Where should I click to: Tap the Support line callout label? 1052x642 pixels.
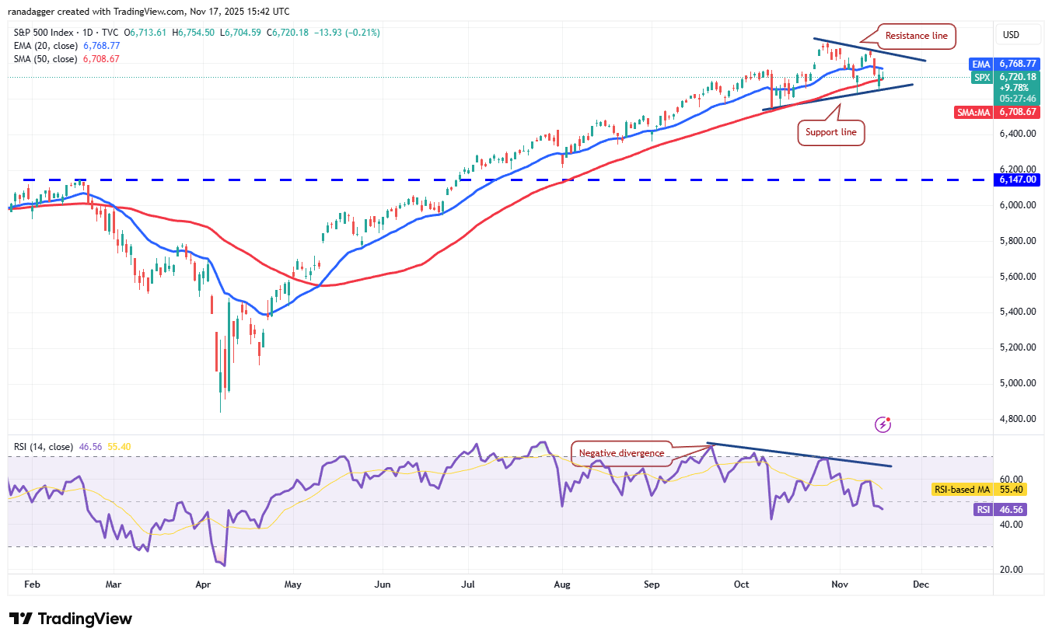[x=831, y=132]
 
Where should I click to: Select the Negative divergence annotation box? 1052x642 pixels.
[x=621, y=453]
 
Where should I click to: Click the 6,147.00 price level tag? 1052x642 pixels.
[x=1018, y=180]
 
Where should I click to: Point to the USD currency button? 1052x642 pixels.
[x=1011, y=35]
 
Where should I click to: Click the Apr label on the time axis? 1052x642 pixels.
[x=204, y=584]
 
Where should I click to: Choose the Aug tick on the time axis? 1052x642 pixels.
[x=561, y=584]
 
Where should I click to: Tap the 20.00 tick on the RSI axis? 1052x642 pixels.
[x=1012, y=570]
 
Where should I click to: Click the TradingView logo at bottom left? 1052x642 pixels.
[x=72, y=619]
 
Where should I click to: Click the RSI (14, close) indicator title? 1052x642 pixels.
[x=44, y=447]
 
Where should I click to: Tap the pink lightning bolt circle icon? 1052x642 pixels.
[x=882, y=424]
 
